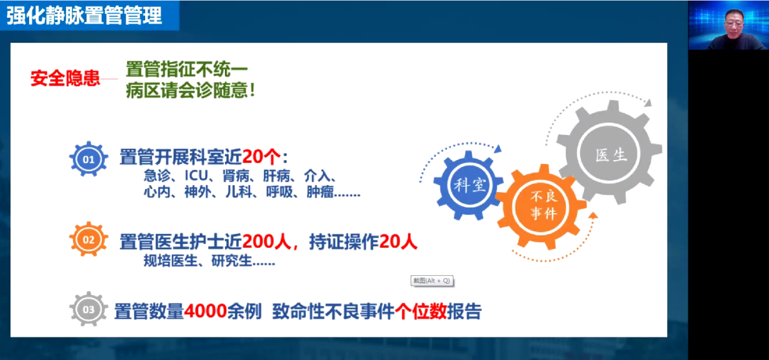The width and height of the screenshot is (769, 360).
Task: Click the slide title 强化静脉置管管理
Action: coord(84,16)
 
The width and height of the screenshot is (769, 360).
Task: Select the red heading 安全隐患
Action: coord(66,78)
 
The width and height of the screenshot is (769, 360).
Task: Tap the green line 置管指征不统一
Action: coord(186,69)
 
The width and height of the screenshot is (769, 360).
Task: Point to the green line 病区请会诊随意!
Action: coord(190,91)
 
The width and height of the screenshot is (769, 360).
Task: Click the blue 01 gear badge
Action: coord(88,159)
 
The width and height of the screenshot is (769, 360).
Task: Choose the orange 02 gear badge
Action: coord(88,239)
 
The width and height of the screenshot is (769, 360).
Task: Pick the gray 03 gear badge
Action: coord(88,309)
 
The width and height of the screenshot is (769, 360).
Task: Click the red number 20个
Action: coord(261,157)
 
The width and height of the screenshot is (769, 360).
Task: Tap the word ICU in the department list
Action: coord(196,175)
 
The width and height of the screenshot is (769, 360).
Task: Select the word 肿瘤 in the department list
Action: coord(320,192)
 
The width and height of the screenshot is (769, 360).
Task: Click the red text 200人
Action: coord(267,242)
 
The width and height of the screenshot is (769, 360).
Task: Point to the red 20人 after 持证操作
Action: coord(398,242)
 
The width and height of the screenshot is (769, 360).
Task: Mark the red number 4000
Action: coord(205,311)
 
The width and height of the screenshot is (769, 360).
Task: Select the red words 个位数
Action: coord(420,311)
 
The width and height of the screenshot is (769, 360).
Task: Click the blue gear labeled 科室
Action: coord(469,185)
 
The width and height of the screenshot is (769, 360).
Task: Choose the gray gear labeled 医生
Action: coord(610,153)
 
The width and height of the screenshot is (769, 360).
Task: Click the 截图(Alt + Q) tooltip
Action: coord(432,281)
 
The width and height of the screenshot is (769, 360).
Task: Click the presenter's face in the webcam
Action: coord(734,23)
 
